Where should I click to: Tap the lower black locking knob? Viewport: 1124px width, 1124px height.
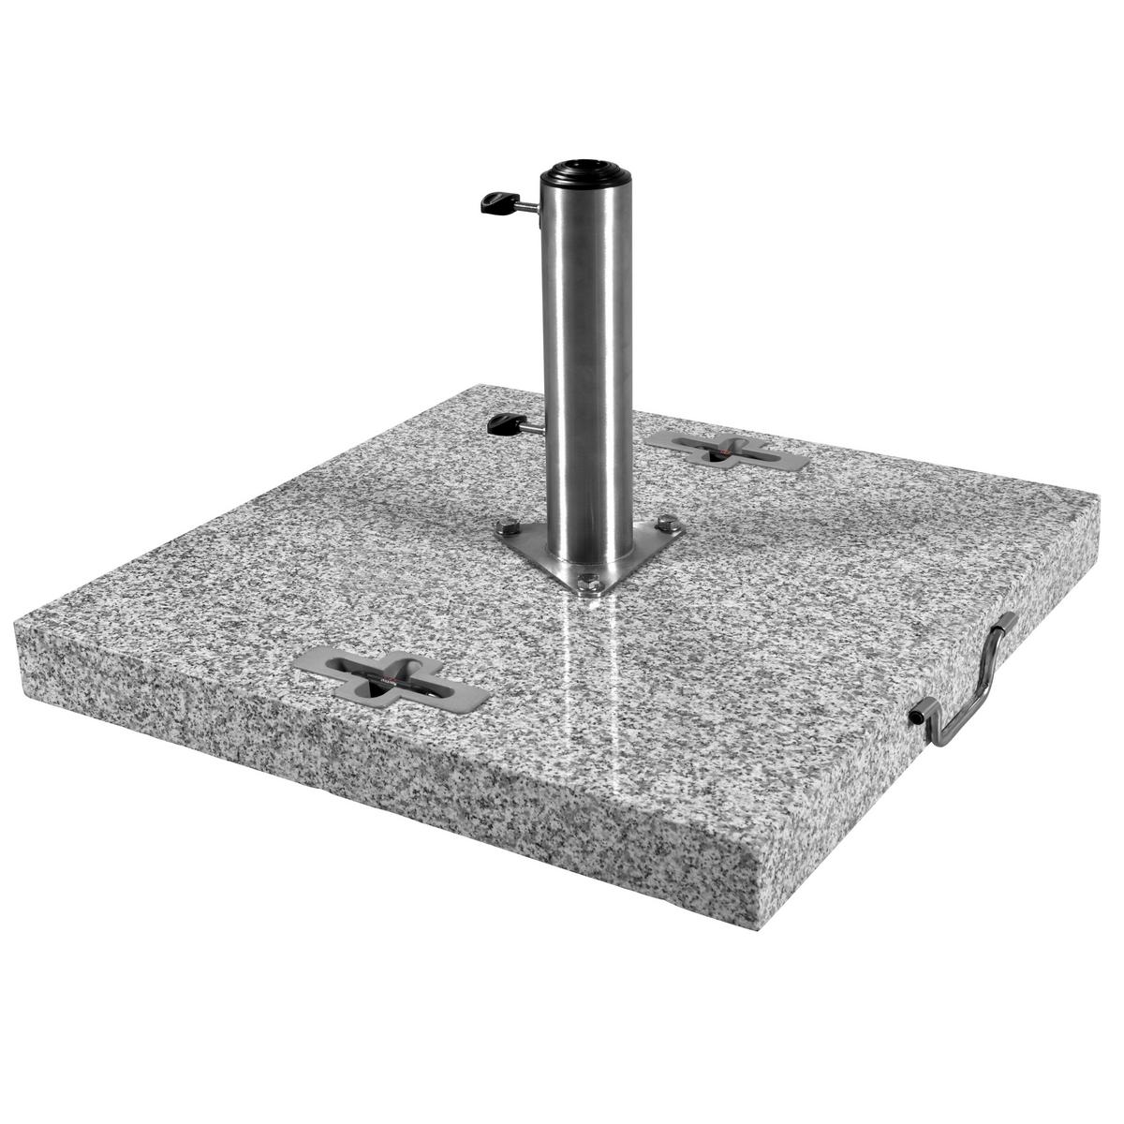pos(502,424)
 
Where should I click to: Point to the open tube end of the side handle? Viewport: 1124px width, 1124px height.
pos(914,716)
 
